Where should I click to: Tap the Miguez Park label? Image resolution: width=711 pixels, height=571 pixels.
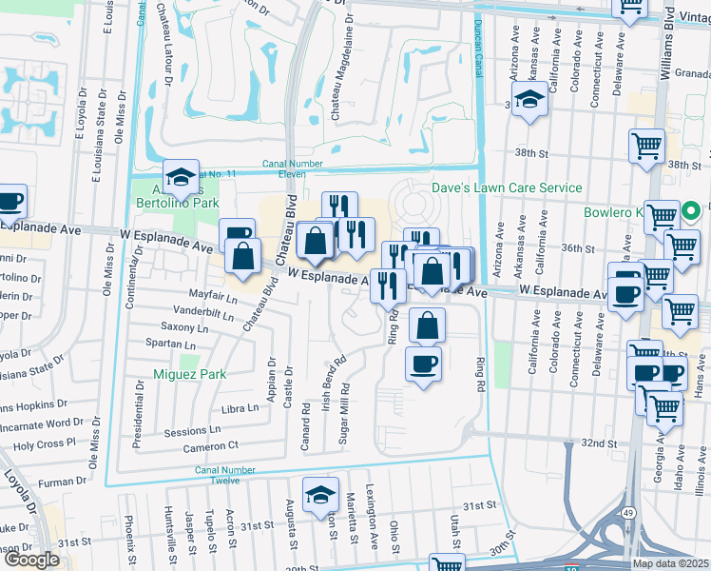coord(190,374)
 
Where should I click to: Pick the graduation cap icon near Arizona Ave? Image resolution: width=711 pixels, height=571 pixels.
coord(529,100)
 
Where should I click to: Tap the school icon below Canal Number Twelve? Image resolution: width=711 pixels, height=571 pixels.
coord(321,494)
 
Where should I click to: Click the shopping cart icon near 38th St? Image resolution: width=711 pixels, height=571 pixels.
coord(646,148)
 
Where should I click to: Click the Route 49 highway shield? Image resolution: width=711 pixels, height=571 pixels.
coord(628,539)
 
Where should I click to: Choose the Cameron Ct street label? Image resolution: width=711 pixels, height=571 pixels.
coord(211,446)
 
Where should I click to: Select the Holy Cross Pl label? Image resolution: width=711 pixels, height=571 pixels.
coord(44,444)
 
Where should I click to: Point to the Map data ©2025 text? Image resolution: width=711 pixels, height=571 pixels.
coord(670,563)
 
